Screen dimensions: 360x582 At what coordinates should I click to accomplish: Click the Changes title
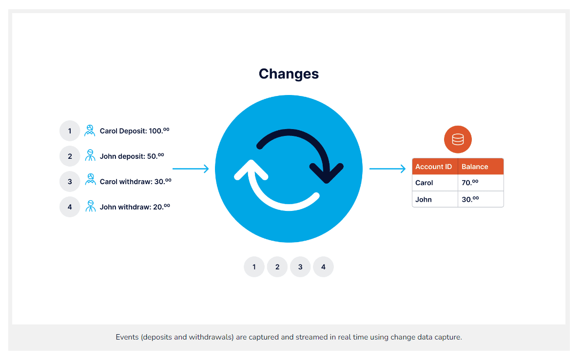289,74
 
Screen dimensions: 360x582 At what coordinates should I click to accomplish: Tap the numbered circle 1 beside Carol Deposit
70,131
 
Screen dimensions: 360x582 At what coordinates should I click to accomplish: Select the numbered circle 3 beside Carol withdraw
70,182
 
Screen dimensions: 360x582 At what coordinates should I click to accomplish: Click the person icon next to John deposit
90,156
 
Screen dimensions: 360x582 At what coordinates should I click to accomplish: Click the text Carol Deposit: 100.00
135,131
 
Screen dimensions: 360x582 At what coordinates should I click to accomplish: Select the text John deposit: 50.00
132,156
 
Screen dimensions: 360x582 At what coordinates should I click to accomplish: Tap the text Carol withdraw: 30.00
136,182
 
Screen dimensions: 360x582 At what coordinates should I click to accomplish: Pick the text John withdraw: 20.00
135,207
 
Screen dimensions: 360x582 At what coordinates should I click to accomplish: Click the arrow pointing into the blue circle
191,169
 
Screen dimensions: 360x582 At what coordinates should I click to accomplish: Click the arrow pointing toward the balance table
388,169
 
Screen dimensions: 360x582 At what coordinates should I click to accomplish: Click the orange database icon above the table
458,140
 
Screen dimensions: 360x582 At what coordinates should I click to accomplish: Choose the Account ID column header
434,167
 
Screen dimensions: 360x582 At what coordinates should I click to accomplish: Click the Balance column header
475,167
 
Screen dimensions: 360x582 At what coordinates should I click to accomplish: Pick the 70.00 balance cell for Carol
470,183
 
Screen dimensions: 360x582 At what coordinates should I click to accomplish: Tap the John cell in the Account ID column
424,200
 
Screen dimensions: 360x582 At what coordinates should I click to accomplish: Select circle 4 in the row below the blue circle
323,267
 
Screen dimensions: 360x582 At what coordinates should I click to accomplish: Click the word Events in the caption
127,337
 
